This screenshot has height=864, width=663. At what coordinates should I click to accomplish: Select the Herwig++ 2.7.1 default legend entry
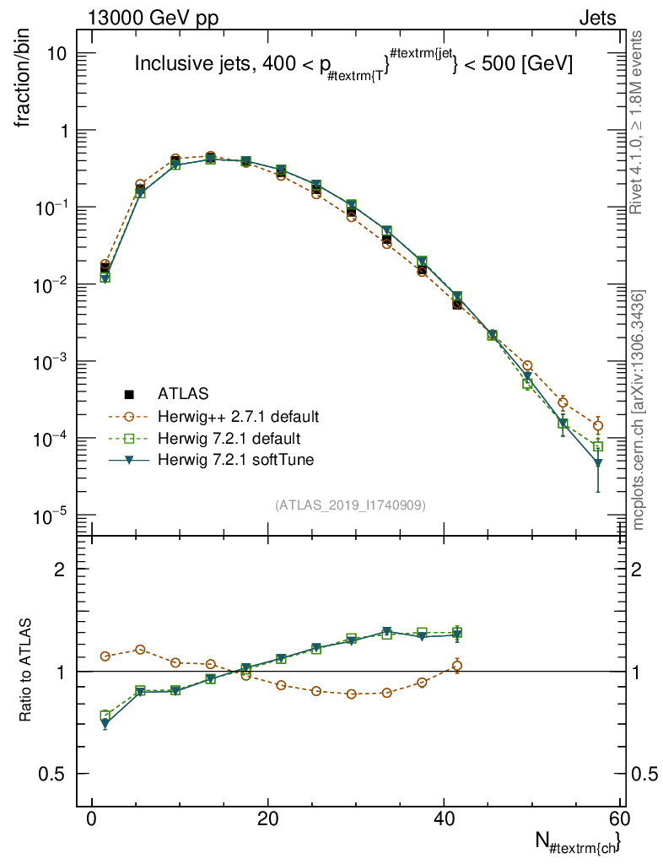click(238, 416)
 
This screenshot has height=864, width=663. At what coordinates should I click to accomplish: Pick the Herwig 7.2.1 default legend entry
click(229, 439)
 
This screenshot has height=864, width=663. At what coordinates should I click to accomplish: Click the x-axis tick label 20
click(267, 822)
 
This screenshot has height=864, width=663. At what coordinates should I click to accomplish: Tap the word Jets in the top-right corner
click(597, 19)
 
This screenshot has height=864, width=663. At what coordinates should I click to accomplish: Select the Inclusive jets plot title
click(354, 63)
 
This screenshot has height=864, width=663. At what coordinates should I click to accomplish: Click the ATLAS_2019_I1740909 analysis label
click(350, 505)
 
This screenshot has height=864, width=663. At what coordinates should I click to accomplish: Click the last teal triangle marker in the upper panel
click(598, 463)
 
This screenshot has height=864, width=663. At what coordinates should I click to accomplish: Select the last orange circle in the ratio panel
click(457, 666)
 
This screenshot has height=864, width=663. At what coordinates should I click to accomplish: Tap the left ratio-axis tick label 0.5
click(61, 775)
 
